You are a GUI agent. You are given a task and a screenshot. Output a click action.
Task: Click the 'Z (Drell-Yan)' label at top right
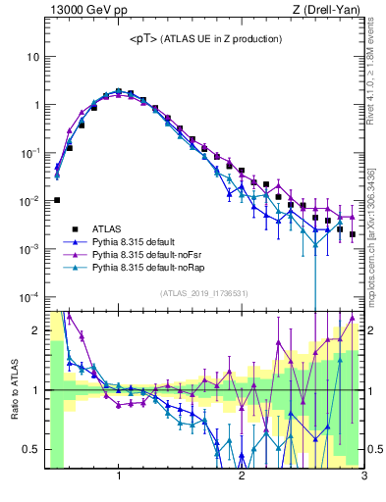(329, 11)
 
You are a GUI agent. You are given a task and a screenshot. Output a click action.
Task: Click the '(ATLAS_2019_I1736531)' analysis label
(204, 293)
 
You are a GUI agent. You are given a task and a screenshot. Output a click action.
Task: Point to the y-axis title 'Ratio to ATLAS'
(14, 388)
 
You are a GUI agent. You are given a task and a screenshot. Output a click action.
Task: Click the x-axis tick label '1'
(119, 477)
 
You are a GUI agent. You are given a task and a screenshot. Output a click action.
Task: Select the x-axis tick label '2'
(242, 477)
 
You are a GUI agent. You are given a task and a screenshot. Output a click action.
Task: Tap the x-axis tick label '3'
(363, 477)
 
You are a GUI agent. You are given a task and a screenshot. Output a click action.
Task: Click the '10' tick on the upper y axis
(32, 57)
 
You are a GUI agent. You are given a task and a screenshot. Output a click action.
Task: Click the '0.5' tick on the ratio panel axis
(30, 449)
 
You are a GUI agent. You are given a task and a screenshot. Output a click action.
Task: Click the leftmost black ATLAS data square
(57, 200)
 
